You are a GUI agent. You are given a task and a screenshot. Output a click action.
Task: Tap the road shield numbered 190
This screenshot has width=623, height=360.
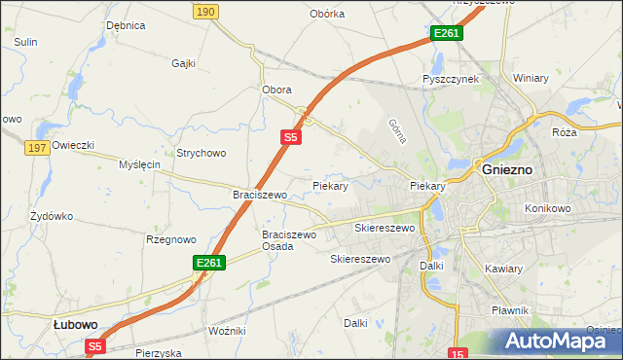[x=204, y=11]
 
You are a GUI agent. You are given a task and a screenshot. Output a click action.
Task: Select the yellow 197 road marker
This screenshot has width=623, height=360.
[x=38, y=147]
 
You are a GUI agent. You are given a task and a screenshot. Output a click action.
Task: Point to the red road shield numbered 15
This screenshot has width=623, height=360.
[x=459, y=352]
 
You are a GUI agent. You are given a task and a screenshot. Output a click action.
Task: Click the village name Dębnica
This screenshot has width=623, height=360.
[x=126, y=25]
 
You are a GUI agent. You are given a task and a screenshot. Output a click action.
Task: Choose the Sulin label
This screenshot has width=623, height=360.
[x=25, y=42]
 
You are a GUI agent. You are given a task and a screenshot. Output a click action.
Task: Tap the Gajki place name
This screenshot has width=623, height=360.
[x=183, y=63]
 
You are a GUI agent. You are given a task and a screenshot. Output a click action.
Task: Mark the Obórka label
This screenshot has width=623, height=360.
[x=327, y=14]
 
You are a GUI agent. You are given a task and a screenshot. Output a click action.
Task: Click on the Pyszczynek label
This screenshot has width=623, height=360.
[x=450, y=79]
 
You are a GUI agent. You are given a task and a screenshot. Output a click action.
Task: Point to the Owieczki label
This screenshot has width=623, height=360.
[x=73, y=145]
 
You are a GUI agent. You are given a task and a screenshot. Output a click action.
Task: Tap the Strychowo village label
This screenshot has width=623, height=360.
[x=201, y=153]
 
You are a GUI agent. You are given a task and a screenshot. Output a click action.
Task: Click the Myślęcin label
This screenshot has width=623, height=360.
[x=138, y=164]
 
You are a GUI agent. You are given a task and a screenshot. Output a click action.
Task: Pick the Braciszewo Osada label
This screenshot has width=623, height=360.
[x=290, y=240]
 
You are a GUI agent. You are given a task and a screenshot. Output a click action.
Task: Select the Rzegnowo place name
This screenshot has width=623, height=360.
[x=170, y=239]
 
